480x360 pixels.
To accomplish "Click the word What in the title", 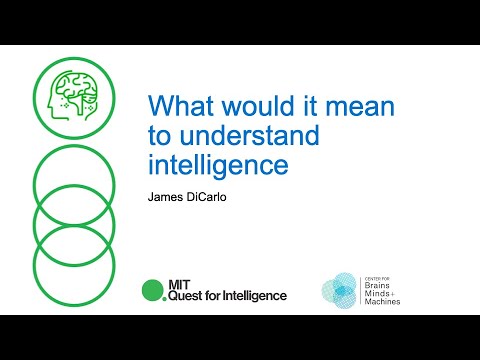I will coord(174,106).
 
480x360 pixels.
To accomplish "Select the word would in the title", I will coord(239,106).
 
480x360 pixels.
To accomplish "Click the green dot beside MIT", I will coord(152,291).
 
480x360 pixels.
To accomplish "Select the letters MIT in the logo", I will coord(178,284).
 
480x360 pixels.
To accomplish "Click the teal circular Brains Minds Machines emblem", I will coord(339,289).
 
